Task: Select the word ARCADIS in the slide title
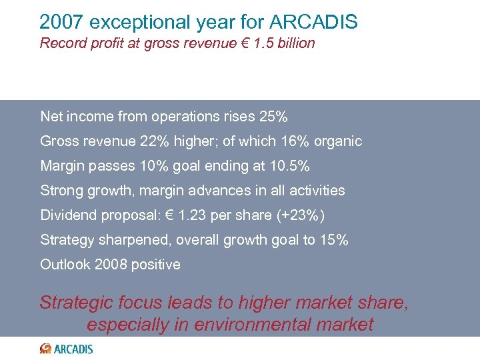(x=314, y=22)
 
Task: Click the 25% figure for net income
(x=273, y=117)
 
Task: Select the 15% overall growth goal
(x=333, y=240)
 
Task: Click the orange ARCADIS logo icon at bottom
(x=45, y=348)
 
